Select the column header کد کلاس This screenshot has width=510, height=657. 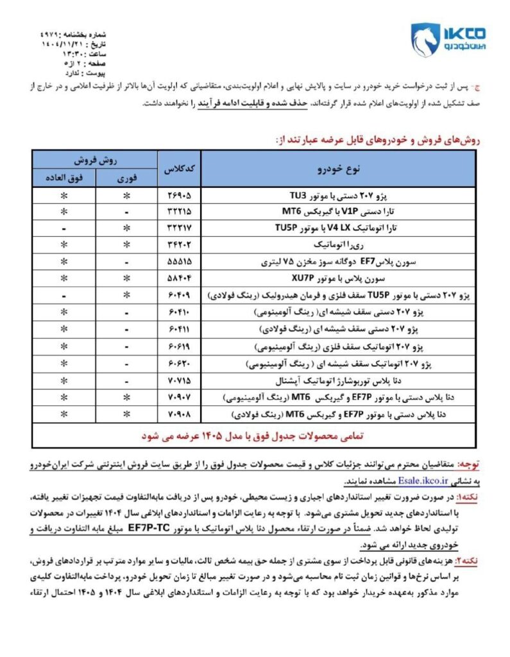click(179, 168)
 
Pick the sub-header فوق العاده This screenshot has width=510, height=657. click(64, 177)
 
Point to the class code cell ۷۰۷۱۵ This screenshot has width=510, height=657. click(179, 380)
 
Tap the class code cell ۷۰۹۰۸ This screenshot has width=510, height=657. click(179, 414)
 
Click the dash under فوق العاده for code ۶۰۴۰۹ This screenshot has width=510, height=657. click(64, 296)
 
